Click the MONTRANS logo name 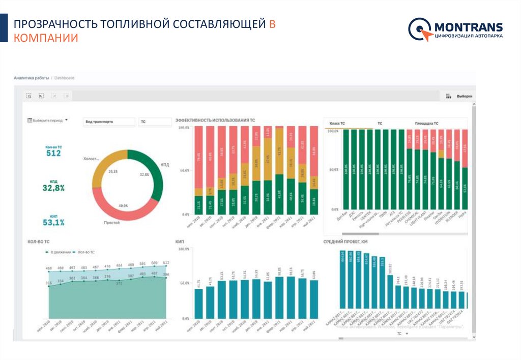(468, 27)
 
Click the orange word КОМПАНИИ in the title (46, 38)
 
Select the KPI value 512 (54, 153)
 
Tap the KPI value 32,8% (53, 188)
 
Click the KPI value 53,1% (53, 222)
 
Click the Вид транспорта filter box (109, 122)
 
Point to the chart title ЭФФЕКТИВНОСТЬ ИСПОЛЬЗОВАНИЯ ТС (215, 121)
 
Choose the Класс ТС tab (337, 124)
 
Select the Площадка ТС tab (426, 124)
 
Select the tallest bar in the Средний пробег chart (343, 280)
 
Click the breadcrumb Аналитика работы (32, 78)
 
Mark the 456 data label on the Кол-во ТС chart (49, 268)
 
